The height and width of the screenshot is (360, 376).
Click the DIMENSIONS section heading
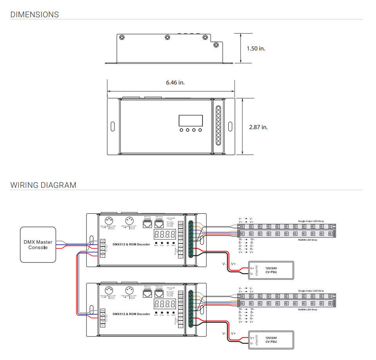(34, 15)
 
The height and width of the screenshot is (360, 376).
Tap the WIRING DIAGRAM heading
(43, 185)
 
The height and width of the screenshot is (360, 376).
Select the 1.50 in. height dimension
(256, 49)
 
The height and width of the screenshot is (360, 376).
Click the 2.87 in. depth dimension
(258, 127)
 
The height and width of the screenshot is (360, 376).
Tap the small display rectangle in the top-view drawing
(191, 121)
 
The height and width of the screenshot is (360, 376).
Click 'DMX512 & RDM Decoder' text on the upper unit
(131, 244)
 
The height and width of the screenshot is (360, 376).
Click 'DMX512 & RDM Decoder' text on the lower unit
(131, 314)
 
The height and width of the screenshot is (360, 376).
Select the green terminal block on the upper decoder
(191, 239)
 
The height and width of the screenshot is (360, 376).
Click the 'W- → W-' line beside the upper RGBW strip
(246, 239)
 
